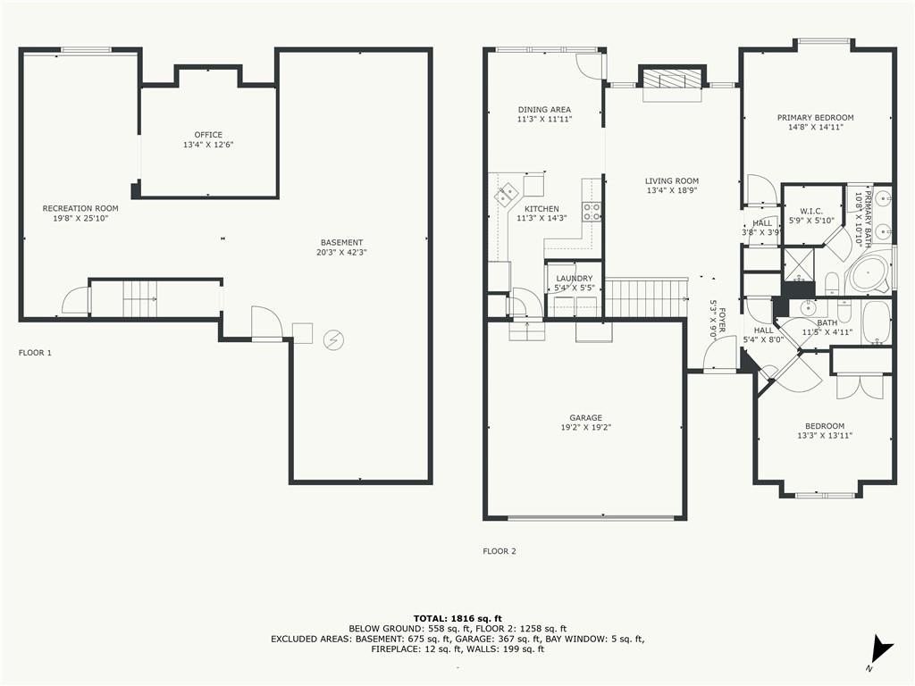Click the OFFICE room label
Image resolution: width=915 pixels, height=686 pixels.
208,135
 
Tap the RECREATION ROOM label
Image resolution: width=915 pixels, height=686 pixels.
80,208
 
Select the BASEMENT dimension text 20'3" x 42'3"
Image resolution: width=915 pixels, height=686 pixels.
341,253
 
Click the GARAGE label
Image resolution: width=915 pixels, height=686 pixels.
586,418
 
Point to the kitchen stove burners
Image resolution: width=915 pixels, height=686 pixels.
592,211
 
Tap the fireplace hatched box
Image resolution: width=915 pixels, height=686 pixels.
672,79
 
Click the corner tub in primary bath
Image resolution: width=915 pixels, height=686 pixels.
869,274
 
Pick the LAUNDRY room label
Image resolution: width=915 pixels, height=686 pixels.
575,279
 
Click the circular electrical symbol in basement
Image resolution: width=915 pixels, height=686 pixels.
334,339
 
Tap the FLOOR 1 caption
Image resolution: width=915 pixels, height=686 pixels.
35,352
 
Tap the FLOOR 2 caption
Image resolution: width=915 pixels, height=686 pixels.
499,550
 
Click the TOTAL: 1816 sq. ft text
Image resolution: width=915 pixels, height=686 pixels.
457,618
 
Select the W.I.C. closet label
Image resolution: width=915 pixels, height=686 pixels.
811,211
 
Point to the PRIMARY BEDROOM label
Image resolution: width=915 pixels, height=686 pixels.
815,117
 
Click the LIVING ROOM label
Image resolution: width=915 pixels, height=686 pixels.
672,180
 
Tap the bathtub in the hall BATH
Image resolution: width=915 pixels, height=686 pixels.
877,322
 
